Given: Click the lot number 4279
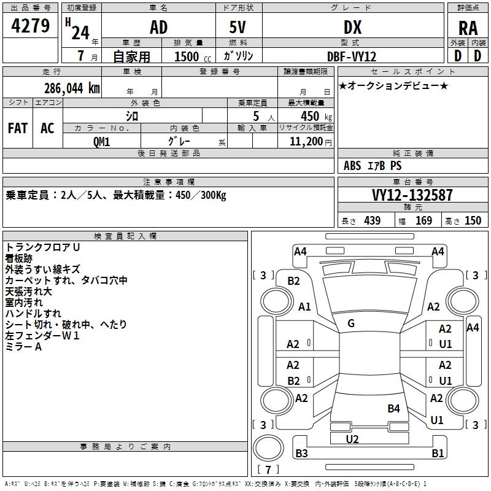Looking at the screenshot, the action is (30, 26).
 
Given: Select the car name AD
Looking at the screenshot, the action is (159, 27).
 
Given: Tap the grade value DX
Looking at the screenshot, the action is (352, 27).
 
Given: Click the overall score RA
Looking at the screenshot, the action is (468, 28).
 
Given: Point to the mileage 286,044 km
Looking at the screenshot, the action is (72, 88).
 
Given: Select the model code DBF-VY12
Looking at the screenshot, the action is (352, 56).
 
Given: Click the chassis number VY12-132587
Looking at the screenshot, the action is (412, 195).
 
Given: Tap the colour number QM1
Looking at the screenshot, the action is (101, 142).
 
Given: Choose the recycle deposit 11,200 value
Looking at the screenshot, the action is (306, 142).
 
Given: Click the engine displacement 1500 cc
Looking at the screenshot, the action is (193, 56).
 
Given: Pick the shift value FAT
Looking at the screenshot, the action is (18, 128).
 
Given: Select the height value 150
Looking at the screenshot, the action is (473, 221).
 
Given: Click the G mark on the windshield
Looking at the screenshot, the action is (351, 323).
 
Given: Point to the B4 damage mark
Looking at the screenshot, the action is (393, 408).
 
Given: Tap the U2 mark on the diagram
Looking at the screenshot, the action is (352, 439).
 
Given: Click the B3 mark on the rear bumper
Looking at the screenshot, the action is (301, 453).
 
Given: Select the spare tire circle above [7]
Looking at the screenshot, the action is (268, 448).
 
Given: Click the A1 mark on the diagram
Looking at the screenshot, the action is (304, 306).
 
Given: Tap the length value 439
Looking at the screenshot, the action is (373, 221).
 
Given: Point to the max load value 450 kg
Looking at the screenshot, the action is (316, 116).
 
